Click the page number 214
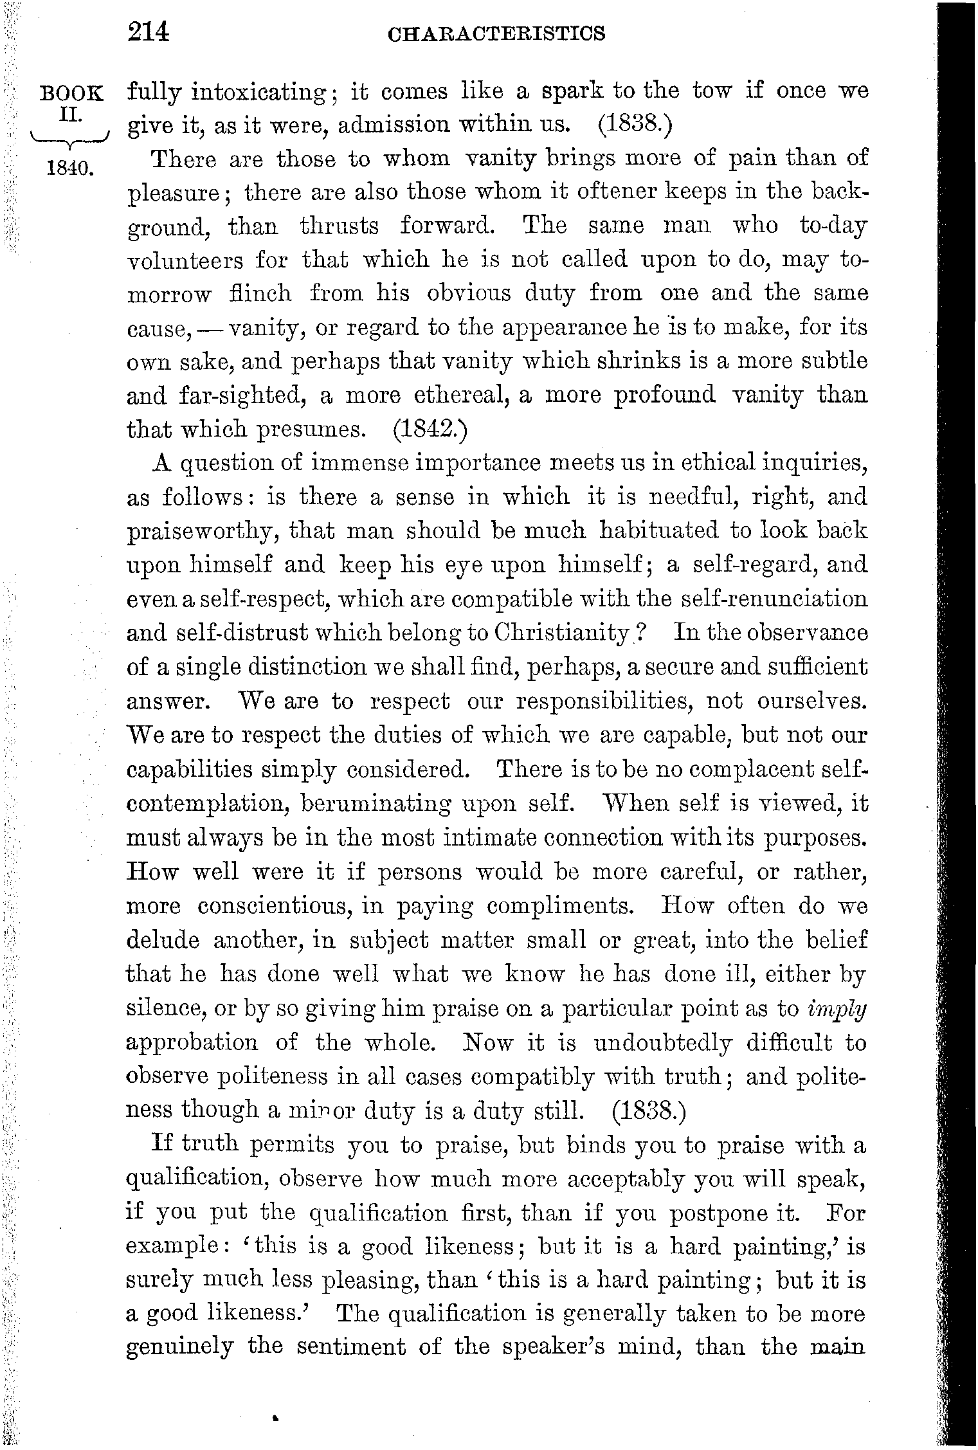(x=148, y=32)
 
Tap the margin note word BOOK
(x=71, y=93)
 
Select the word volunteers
(x=185, y=260)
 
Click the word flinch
(x=260, y=294)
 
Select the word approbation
(x=192, y=1042)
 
